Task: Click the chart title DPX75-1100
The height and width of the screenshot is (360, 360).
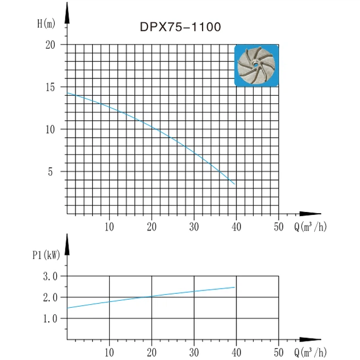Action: (x=180, y=27)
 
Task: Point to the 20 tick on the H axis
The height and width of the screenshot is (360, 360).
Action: (x=51, y=45)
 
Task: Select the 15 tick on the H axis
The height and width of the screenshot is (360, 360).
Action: (x=51, y=87)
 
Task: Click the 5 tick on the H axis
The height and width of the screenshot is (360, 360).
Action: (x=51, y=172)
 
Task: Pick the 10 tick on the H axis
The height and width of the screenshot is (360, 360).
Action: (x=51, y=129)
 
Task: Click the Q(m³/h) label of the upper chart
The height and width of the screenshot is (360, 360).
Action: (x=310, y=226)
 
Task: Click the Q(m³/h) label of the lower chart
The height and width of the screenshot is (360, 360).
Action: (x=310, y=352)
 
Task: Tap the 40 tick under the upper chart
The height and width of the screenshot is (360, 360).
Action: (x=236, y=226)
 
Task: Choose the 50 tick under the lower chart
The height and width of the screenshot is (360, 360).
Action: (x=279, y=352)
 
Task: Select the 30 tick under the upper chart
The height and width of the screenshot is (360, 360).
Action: (x=194, y=226)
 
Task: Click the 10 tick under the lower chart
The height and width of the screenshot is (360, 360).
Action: (x=109, y=352)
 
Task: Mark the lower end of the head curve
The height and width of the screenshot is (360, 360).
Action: (x=235, y=184)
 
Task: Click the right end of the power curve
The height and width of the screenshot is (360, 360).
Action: (x=235, y=287)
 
